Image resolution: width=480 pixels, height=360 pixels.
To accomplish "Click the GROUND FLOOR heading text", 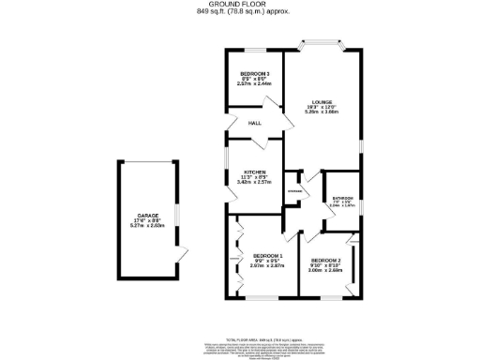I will [239, 5].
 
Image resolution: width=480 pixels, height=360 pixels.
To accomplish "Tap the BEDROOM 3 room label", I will [254, 74].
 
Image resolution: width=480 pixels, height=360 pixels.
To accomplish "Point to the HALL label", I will [254, 123].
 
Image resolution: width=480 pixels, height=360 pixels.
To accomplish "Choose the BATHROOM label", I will [342, 198].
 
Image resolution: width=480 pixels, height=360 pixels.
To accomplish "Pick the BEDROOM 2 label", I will [324, 261].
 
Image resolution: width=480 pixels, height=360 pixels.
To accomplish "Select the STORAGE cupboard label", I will [293, 190].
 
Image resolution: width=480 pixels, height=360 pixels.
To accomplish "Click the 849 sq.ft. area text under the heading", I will [239, 12].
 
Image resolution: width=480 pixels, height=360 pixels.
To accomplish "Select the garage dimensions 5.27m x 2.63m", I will [146, 226].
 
